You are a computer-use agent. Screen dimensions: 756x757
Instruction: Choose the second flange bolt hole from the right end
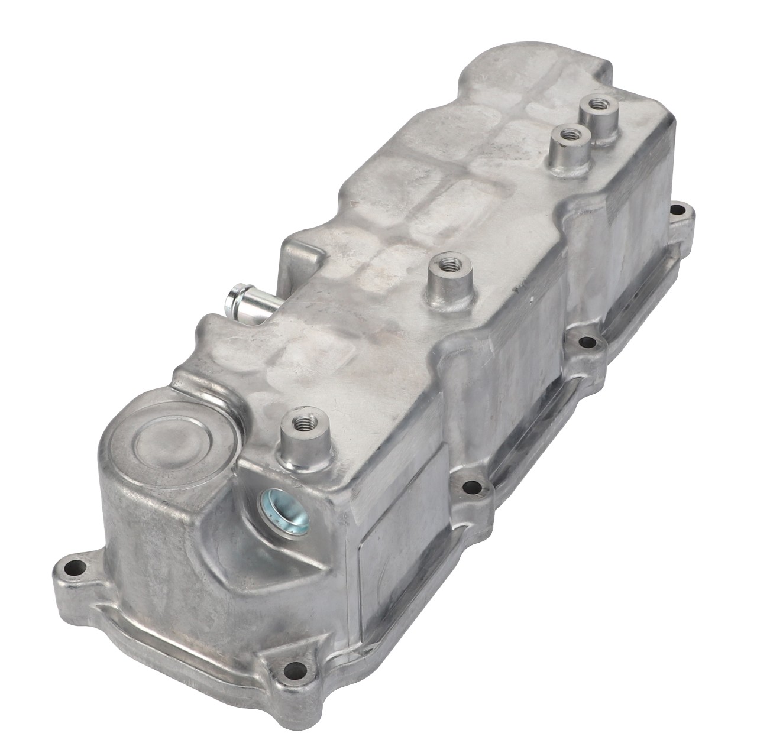coord(588,341)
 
